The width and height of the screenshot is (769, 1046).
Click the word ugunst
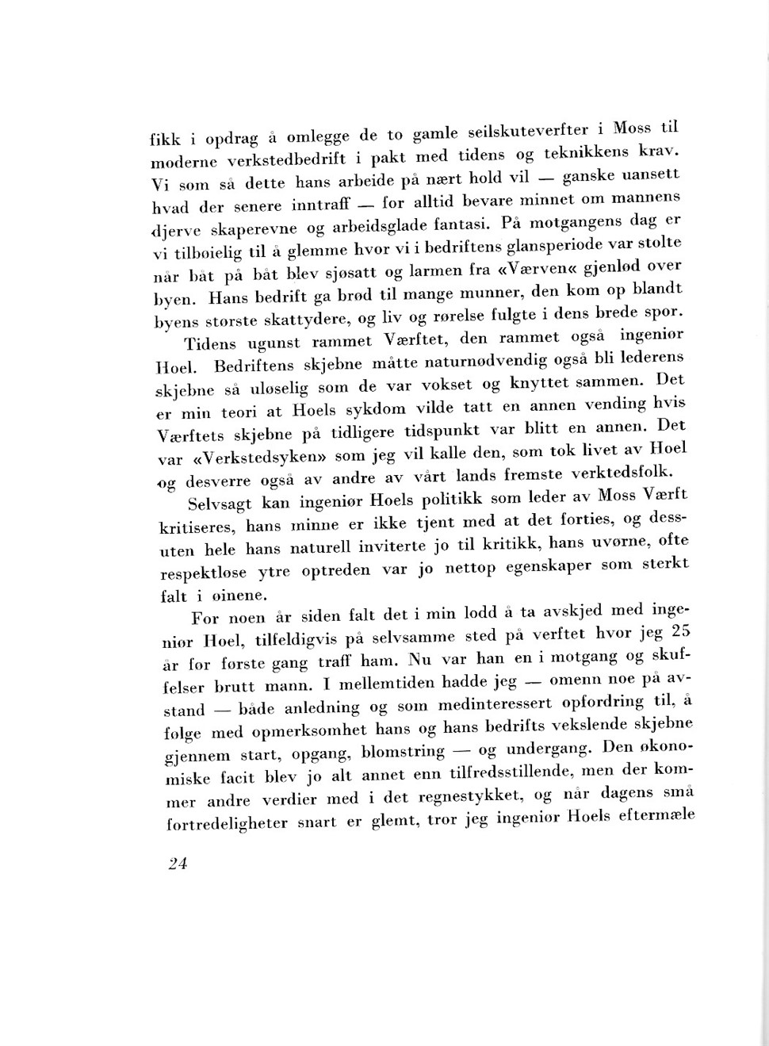coord(274,343)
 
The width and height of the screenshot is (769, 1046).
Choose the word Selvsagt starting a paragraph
coord(220,504)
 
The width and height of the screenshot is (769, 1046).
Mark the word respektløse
coord(203,573)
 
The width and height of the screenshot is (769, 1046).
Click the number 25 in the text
coord(680,631)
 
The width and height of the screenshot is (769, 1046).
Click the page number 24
coord(178,864)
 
